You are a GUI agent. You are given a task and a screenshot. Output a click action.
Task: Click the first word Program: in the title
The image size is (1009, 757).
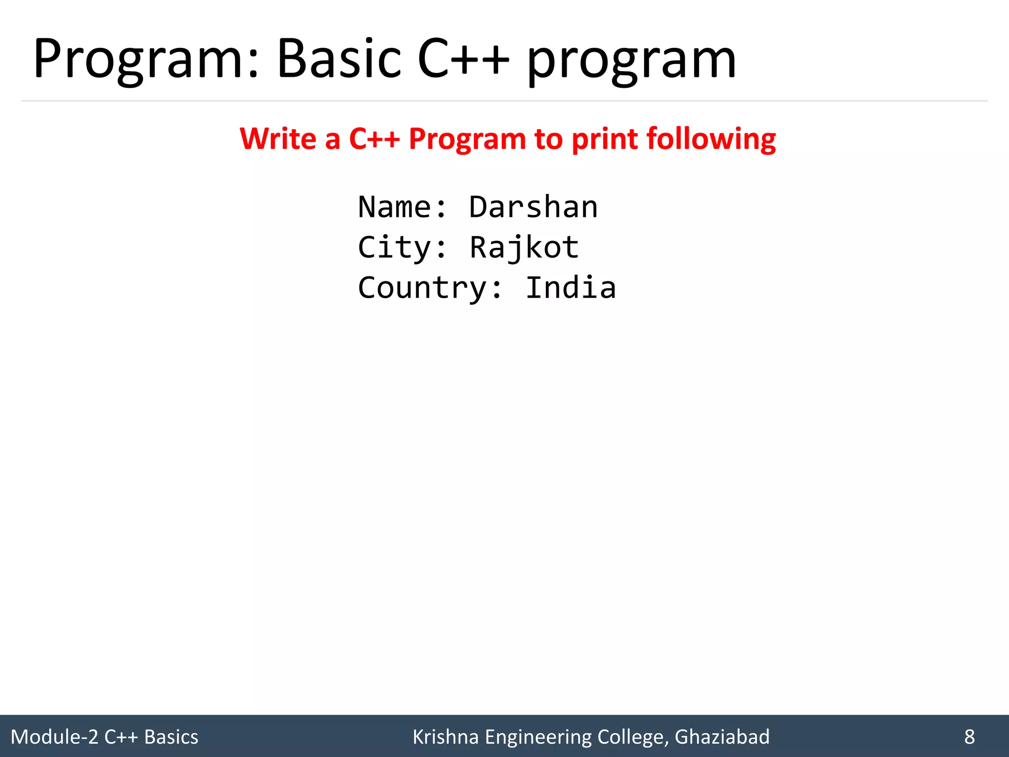[x=145, y=59]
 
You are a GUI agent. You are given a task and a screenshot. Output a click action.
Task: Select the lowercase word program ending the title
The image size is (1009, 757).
[x=632, y=62]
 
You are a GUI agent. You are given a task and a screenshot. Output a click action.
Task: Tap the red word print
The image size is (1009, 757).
[x=605, y=139]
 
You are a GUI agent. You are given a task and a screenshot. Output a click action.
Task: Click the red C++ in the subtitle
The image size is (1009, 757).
[x=374, y=138]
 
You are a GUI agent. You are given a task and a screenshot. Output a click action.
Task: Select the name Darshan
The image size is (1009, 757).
[x=533, y=206]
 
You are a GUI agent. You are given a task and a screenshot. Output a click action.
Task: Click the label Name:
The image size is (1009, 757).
[x=402, y=206]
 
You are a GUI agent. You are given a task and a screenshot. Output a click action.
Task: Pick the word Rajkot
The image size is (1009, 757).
[x=524, y=247]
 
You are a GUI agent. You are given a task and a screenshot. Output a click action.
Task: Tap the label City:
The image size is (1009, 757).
[x=402, y=247]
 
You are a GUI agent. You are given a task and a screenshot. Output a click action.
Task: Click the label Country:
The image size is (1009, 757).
[x=430, y=288]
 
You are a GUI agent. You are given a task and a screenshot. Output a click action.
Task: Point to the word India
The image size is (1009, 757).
[x=571, y=288]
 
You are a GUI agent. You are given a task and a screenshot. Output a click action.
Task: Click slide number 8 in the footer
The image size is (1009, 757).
[x=969, y=737]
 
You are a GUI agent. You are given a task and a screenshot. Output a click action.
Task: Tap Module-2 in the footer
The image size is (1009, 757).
[x=54, y=737]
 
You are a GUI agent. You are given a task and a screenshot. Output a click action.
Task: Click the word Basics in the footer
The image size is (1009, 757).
[x=171, y=737]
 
